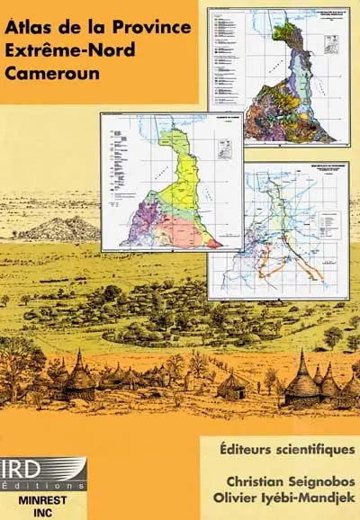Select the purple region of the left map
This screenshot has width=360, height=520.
click(145, 220)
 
